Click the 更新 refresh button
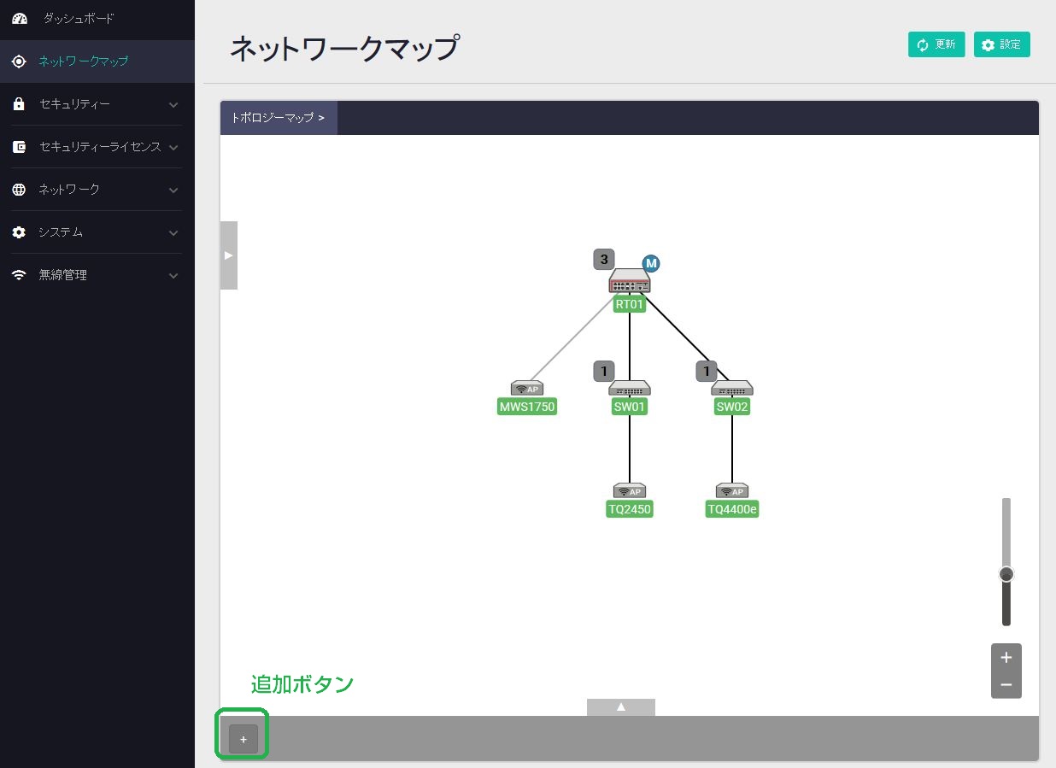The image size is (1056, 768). [936, 44]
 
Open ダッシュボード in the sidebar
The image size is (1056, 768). [78, 18]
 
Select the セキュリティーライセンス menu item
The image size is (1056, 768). [99, 147]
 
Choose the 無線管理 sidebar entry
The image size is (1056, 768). [62, 275]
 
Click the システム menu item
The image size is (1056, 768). [60, 232]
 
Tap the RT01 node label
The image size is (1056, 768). [630, 304]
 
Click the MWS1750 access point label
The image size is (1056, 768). [527, 407]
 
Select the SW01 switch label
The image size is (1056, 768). [630, 407]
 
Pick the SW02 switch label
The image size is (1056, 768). [732, 407]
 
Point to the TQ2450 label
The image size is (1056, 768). [630, 509]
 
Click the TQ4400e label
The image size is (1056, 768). [732, 509]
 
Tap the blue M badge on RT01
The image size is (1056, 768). [651, 263]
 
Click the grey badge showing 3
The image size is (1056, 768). [604, 259]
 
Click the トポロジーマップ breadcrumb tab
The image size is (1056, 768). [279, 118]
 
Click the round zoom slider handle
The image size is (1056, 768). [1006, 574]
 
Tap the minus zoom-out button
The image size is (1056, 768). [1006, 684]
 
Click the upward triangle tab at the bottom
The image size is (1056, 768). [621, 706]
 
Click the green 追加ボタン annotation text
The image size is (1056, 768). [302, 684]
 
